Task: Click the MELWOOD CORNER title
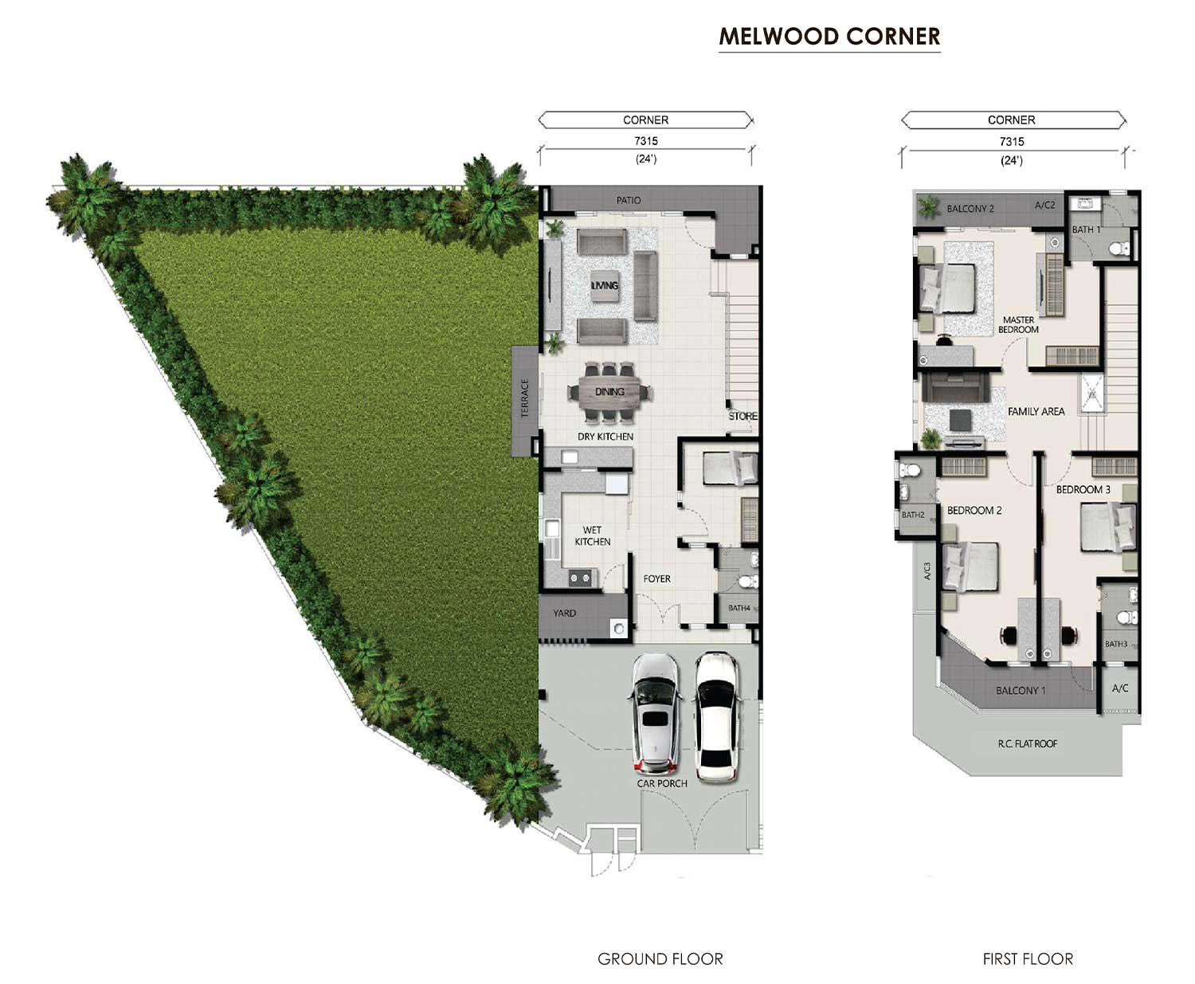tap(829, 37)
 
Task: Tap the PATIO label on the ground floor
tap(629, 201)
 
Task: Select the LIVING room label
tap(605, 285)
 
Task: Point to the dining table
tap(609, 392)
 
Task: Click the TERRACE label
tap(525, 398)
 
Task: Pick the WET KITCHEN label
tap(592, 535)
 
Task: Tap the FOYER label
tap(656, 578)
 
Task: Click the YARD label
tap(564, 614)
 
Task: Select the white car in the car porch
tap(717, 717)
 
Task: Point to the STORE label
tap(742, 416)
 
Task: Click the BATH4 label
tap(739, 608)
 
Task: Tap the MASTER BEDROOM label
tap(1018, 325)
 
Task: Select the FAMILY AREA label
tap(1036, 411)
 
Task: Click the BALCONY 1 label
tap(1021, 690)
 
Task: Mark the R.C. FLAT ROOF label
tap(1027, 743)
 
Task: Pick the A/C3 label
tap(927, 570)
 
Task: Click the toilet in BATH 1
tap(1119, 249)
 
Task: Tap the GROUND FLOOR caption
tap(660, 959)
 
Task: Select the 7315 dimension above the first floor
tap(1012, 142)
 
